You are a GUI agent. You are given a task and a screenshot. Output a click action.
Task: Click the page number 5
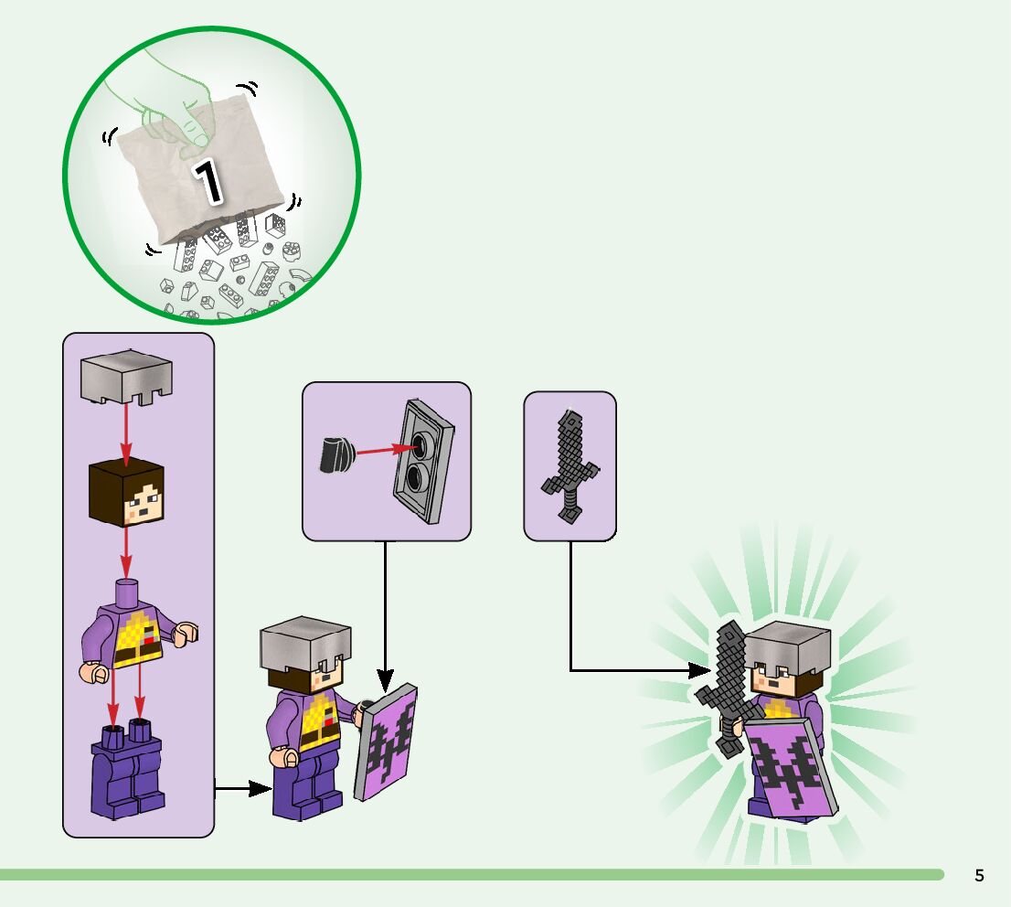(x=979, y=875)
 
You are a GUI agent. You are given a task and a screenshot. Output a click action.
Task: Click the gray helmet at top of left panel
(x=126, y=379)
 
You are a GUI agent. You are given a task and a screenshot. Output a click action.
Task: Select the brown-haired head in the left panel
(x=126, y=494)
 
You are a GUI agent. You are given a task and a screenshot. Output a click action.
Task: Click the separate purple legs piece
(x=127, y=769)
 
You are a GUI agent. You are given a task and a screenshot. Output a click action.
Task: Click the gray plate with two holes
(x=424, y=463)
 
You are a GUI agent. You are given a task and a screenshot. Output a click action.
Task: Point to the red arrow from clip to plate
(x=383, y=449)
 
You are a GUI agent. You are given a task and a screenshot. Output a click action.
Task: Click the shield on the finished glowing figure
(x=788, y=768)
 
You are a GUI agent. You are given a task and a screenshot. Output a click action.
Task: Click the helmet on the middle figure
(x=305, y=644)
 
